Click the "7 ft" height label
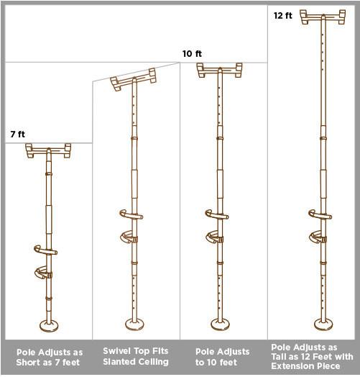point(18,134)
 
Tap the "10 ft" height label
point(192,54)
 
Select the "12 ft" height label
point(283,16)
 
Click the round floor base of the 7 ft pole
point(49,325)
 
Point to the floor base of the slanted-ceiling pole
point(134,324)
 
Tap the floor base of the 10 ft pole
point(220,324)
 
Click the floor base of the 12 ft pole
point(323,324)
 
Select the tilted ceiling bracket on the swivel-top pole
point(134,79)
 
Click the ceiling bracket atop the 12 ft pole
point(323,17)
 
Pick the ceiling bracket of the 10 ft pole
point(220,71)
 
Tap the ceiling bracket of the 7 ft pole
point(48,151)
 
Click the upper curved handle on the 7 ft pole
point(46,250)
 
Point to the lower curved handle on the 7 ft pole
point(43,273)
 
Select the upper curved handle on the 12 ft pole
point(320,214)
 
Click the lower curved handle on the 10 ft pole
point(214,237)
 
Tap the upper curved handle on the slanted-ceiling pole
point(131,214)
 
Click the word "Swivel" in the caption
point(116,351)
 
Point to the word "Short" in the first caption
point(26,362)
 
